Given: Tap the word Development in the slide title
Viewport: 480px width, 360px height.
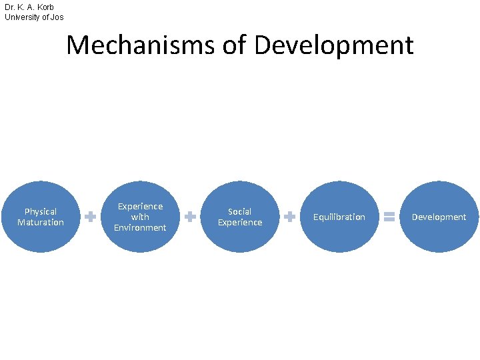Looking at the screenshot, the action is (x=334, y=45).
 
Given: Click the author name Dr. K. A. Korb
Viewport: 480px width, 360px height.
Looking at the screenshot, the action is (x=29, y=7).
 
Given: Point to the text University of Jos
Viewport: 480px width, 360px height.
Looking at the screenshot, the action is (x=34, y=17).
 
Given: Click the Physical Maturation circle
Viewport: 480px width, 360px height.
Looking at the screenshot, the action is (x=41, y=217).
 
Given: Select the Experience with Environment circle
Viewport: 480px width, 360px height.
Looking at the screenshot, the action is (x=140, y=217).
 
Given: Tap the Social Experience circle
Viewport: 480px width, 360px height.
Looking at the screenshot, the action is (x=240, y=217).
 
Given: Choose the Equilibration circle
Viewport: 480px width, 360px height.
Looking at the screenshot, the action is (x=339, y=217).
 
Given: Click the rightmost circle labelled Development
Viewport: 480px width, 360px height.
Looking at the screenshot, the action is (x=439, y=217).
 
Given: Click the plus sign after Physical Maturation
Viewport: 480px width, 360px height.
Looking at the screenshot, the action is (x=90, y=217).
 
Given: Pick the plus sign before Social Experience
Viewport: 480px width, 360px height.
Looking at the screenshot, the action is (x=190, y=217).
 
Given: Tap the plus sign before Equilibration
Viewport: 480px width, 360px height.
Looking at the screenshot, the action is (x=290, y=217).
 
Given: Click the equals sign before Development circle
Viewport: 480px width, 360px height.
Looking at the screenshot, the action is (x=389, y=217).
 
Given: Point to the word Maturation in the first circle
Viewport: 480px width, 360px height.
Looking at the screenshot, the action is (x=41, y=222).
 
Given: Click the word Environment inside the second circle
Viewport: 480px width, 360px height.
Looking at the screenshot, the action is (x=140, y=227).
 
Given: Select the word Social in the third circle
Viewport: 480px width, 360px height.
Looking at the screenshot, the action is (x=240, y=211).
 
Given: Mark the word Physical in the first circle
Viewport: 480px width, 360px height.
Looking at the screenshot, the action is (x=41, y=211).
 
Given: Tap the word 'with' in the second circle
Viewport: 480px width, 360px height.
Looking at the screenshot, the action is (x=140, y=217).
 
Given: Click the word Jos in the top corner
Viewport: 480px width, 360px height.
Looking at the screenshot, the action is (x=57, y=17).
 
